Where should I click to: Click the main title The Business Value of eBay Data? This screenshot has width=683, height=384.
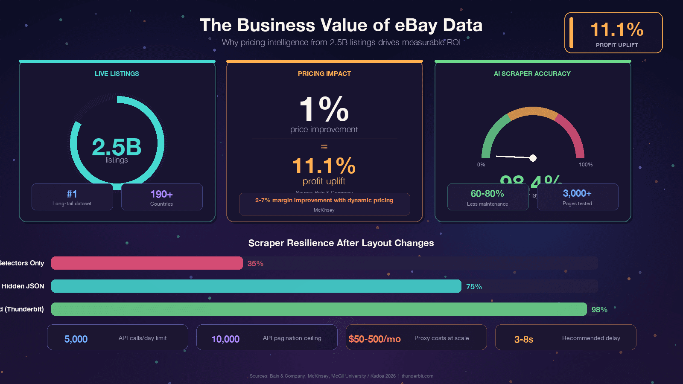(341, 25)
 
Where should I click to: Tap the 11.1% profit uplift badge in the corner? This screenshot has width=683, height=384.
(613, 33)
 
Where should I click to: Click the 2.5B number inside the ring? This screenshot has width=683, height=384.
(117, 147)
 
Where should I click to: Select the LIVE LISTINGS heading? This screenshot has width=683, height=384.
(117, 74)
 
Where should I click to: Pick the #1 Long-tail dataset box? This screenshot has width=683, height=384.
(72, 197)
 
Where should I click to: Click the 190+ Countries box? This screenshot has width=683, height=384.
(162, 197)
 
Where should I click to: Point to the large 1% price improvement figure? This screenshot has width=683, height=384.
(324, 109)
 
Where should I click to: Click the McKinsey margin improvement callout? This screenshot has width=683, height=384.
(324, 204)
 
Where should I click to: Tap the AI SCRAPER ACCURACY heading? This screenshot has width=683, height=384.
(532, 74)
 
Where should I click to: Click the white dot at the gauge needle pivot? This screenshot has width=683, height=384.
(533, 158)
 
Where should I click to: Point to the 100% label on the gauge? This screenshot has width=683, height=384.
(585, 165)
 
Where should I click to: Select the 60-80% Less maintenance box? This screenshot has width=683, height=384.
(487, 197)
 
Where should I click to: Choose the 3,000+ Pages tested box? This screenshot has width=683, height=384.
(577, 197)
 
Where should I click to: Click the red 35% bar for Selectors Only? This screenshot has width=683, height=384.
(147, 263)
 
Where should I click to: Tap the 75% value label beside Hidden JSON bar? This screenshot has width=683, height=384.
(474, 287)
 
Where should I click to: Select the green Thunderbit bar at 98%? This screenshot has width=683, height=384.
(319, 309)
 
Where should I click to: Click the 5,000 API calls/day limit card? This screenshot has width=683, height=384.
(117, 337)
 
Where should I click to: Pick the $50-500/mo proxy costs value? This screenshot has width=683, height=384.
(374, 339)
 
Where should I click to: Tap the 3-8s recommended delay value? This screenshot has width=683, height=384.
(524, 340)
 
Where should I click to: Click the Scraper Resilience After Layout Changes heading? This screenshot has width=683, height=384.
(341, 243)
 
